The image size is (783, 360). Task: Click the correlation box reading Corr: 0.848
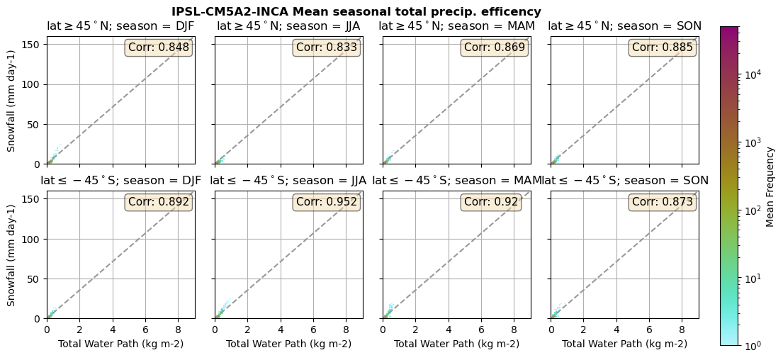click(x=159, y=47)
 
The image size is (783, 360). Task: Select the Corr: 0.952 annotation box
click(x=327, y=202)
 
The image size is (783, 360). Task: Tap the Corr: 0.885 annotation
click(x=663, y=47)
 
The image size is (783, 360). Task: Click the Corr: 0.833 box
click(x=327, y=47)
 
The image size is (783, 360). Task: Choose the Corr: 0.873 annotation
click(x=663, y=202)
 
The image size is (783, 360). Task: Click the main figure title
click(x=356, y=12)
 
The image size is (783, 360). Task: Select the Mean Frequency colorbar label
click(x=771, y=186)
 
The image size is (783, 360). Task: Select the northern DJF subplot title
click(x=120, y=26)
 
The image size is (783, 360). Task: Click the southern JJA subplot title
click(x=288, y=181)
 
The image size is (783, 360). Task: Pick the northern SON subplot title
click(x=624, y=26)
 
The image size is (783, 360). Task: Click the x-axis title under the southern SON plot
click(x=624, y=344)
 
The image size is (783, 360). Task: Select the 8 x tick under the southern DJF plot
click(x=178, y=330)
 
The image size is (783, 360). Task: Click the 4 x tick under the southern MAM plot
click(x=449, y=330)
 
